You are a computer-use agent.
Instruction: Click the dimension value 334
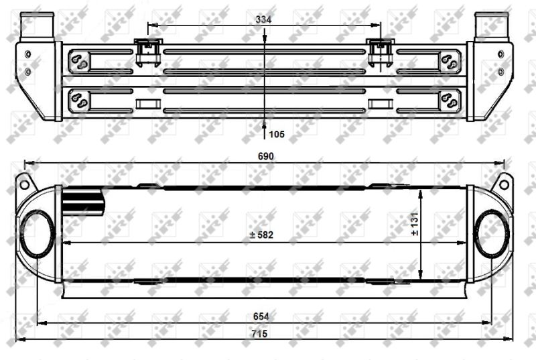[263, 19]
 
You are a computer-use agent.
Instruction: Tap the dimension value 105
[277, 134]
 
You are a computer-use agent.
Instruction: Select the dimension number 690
[265, 156]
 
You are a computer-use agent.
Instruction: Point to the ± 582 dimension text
[261, 235]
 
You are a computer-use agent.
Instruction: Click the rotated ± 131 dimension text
[415, 224]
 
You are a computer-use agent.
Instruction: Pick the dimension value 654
[261, 316]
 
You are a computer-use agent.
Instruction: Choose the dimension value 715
[259, 334]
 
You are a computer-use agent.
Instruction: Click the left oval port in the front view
[38, 233]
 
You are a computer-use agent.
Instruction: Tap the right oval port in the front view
[491, 233]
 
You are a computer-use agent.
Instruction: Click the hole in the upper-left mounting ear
[25, 184]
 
